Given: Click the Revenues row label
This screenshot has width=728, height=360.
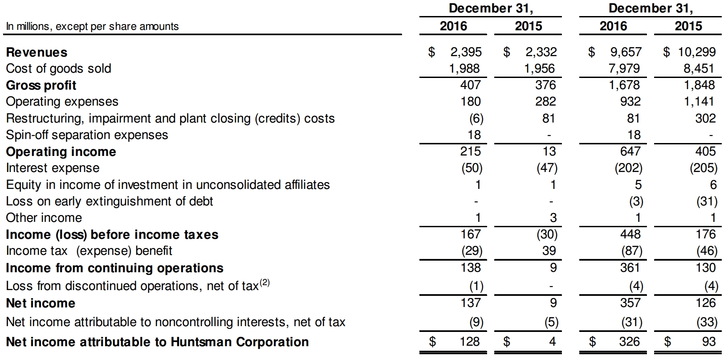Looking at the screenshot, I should [37, 53].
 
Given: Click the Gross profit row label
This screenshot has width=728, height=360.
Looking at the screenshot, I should [41, 85].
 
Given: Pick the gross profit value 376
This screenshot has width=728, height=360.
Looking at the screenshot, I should [545, 85].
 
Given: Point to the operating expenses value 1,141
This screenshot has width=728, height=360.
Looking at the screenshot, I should [699, 102].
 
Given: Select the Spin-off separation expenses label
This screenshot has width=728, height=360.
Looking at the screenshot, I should [87, 135].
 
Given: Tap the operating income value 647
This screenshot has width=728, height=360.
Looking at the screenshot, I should [630, 151].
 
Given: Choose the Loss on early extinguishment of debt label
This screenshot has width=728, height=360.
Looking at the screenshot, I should [110, 201].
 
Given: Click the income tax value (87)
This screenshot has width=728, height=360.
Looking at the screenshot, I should [631, 251].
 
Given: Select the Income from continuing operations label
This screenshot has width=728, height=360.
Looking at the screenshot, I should [114, 268].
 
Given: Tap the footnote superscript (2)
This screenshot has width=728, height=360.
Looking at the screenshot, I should [264, 282].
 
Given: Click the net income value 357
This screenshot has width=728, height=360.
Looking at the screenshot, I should [630, 303].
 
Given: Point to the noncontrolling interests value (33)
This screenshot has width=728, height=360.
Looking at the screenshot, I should [706, 322].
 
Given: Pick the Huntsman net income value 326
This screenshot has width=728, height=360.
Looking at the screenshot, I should [630, 342].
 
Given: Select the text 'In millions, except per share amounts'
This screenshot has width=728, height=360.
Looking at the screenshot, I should [92, 27].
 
